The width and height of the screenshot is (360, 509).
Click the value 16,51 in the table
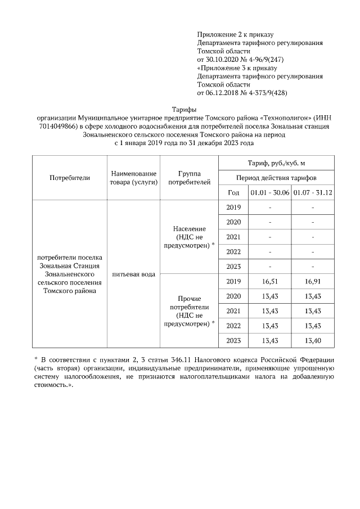click(270, 281)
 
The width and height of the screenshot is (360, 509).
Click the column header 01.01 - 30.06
click(270, 192)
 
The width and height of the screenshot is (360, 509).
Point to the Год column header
click(233, 192)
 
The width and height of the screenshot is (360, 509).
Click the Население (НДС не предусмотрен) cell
click(189, 237)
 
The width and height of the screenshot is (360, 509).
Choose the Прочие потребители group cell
click(189, 311)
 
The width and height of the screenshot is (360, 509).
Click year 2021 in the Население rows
click(233, 237)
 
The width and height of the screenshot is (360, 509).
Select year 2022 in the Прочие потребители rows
click(233, 326)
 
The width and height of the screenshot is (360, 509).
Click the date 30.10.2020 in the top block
click(223, 58)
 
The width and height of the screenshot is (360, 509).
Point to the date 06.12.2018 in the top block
click(223, 92)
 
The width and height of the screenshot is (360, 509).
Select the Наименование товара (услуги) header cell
click(133, 177)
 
